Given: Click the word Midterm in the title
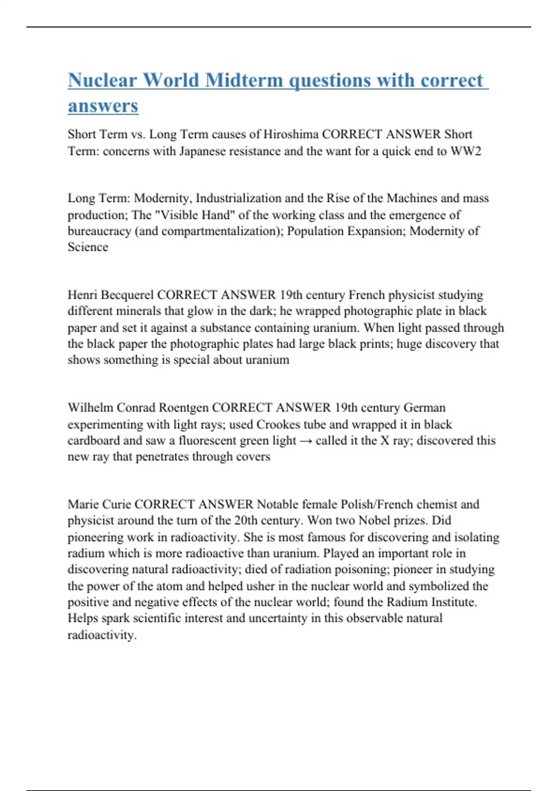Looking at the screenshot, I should point(244,80).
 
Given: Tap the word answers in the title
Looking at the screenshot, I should point(103,106).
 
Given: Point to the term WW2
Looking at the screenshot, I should point(465,151).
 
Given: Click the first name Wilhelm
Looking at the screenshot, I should point(90,408).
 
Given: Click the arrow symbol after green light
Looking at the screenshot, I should point(306,441).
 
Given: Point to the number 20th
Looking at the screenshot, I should point(246,521).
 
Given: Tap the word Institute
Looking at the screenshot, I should point(453,602).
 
